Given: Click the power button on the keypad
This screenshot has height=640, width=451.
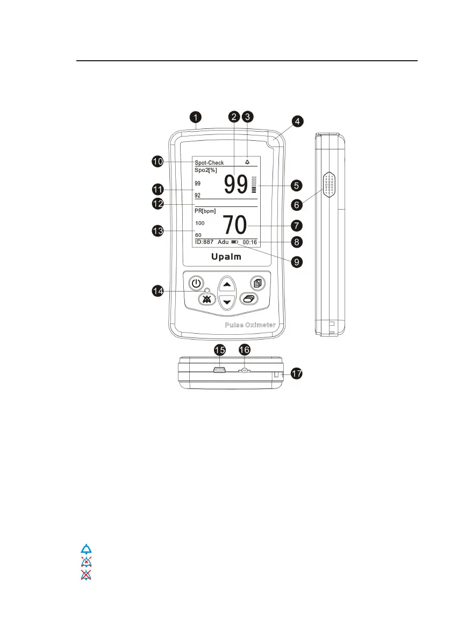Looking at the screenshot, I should point(197,283).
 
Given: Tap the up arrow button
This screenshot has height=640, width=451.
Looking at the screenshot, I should point(227,284).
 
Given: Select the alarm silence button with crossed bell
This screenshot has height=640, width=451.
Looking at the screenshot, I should point(205,299).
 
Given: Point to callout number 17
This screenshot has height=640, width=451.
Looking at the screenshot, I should point(296,374).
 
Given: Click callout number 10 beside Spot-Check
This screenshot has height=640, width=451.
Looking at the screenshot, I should point(157,162).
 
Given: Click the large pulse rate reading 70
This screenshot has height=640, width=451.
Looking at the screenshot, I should point(235,225).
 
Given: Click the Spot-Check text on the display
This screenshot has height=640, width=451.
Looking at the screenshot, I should point(209,162).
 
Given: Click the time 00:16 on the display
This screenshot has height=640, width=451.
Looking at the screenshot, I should point(249,242).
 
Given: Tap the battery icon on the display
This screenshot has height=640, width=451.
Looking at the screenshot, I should point(235,242).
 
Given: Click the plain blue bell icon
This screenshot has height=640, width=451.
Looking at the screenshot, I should point(87,549).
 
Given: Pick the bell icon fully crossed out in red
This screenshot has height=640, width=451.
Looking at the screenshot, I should point(87,574).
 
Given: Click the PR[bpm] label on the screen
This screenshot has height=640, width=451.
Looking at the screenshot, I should point(205,211).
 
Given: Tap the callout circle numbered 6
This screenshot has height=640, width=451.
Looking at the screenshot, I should point(296,204).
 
